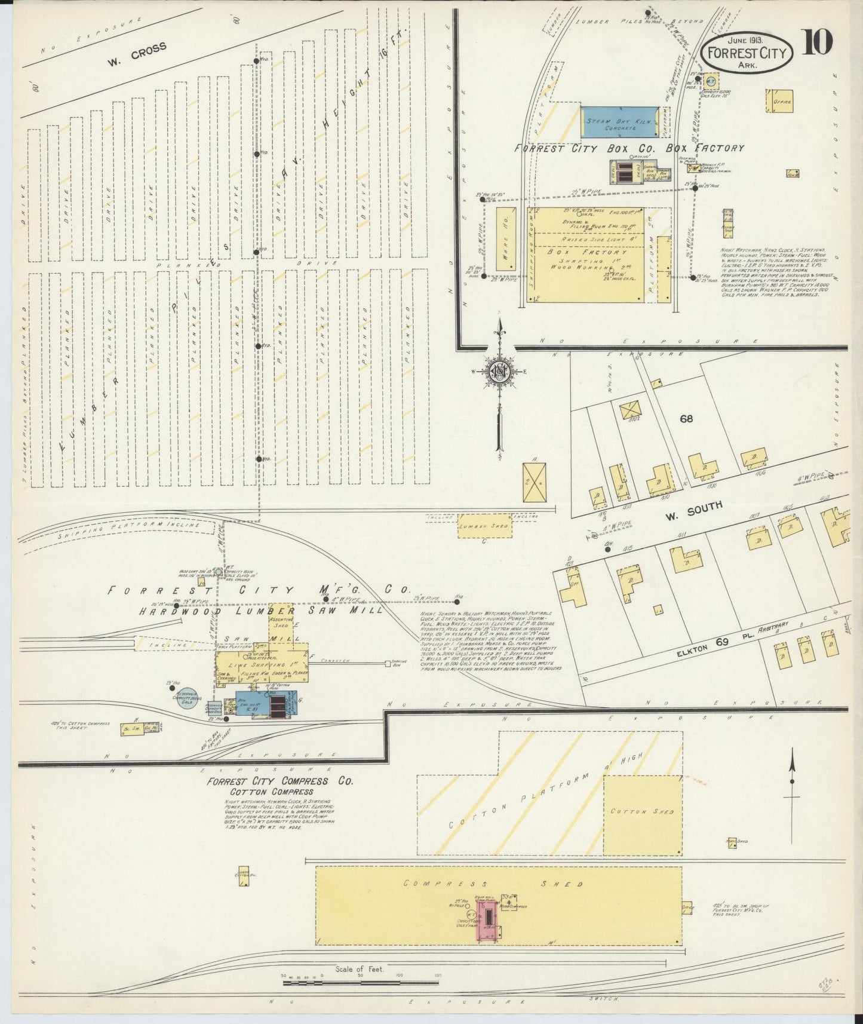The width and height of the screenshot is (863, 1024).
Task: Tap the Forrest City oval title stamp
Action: click(747, 53)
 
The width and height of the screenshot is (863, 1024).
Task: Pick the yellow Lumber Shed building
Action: click(484, 526)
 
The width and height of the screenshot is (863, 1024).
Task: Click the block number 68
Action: click(686, 419)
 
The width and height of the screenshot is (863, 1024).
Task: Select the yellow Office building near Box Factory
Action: click(779, 101)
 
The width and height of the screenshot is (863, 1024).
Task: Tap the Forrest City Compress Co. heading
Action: click(280, 781)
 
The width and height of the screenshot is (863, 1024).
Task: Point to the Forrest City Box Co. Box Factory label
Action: click(629, 148)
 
